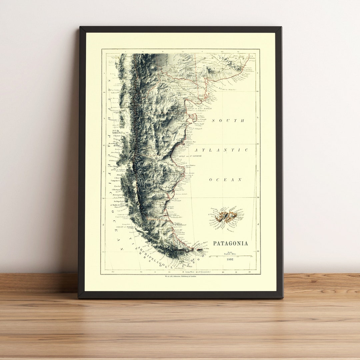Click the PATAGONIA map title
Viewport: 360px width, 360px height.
click(x=230, y=243)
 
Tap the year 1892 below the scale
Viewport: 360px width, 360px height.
click(x=230, y=259)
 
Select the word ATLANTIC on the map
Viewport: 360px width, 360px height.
click(x=221, y=150)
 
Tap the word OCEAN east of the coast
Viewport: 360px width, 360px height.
click(x=225, y=180)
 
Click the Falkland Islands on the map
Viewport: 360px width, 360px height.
click(x=227, y=217)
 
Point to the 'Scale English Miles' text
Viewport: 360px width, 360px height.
click(x=230, y=253)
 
